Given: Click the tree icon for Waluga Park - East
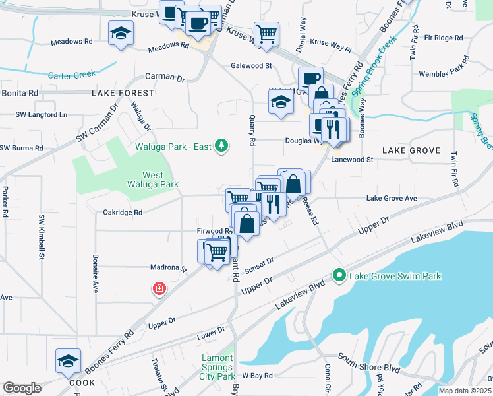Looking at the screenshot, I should pos(222,146).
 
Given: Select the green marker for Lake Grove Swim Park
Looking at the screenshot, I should pos(339,275).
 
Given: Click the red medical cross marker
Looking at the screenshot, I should pos(159,288).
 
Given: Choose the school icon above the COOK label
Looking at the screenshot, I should pos(68,361).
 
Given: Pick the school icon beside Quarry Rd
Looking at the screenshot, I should pos(281,102).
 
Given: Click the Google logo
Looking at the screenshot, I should pos(22,388).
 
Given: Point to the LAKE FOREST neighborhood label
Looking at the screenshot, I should pos(123,94).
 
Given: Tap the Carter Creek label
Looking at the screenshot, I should pos(72,75).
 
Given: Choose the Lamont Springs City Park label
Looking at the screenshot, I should pos(217,367).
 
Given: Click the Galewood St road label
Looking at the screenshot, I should pos(251,66).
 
